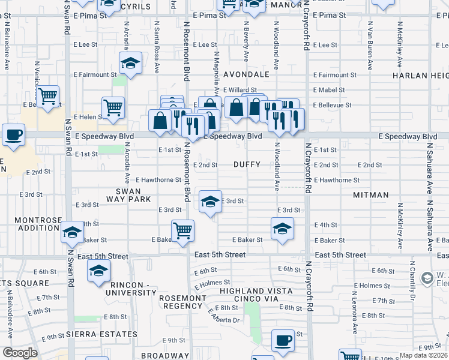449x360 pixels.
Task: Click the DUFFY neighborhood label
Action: (247, 164)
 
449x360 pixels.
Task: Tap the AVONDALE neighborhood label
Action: (246, 75)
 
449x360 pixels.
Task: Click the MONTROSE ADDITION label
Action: (38, 224)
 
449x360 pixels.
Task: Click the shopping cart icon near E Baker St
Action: (182, 230)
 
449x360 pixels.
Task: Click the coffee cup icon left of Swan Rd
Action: (13, 135)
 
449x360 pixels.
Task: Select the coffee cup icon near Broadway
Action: (283, 340)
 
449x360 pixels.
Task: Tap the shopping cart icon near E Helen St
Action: (113, 107)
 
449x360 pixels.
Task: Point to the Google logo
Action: (20, 353)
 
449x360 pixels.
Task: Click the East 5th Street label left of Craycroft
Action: (220, 255)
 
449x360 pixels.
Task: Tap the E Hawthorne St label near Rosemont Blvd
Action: (158, 180)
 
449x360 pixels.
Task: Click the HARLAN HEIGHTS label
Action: (420, 76)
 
